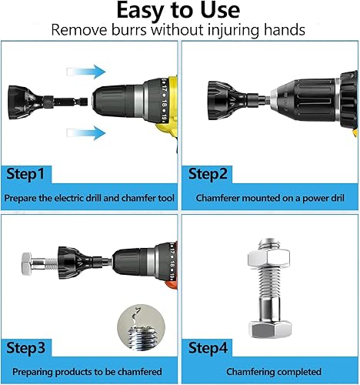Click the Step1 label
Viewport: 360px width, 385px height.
[25, 174]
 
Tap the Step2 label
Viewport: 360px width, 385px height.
[208, 174]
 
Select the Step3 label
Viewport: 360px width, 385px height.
[25, 348]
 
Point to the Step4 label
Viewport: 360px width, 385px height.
[208, 348]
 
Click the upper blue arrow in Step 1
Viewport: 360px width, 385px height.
[86, 72]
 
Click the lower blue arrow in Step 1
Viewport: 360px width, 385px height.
[86, 133]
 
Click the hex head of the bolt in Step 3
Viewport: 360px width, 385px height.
[27, 263]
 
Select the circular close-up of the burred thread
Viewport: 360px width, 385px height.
[141, 328]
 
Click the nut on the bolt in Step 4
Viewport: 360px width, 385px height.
[268, 258]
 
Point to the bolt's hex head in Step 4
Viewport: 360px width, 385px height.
[270, 329]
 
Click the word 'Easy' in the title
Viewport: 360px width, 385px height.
[140, 11]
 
